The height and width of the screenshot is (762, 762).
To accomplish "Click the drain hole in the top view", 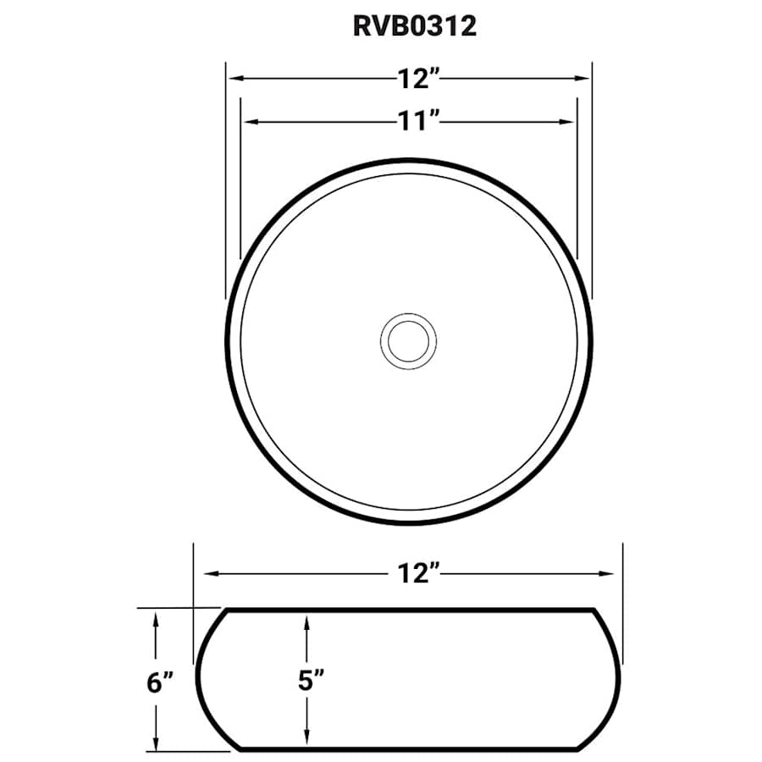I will tap(409, 340).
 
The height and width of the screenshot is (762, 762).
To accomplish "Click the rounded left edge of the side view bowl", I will tap(200, 677).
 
